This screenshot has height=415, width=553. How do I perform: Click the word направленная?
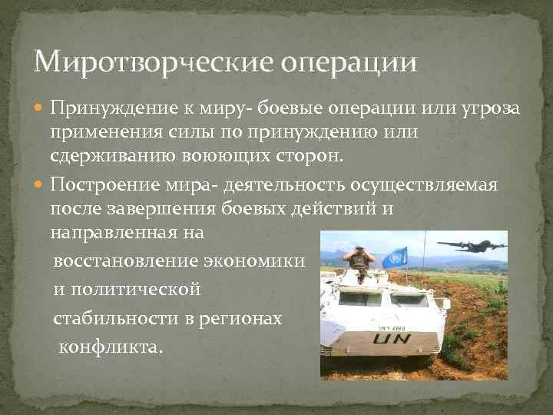110,231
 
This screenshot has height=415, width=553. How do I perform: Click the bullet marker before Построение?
40,185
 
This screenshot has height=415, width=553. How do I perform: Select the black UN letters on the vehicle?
392,336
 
